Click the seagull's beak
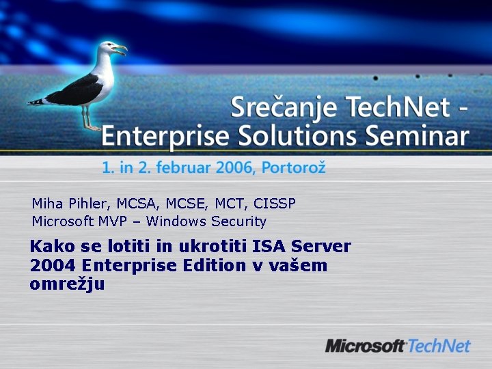pos(120,49)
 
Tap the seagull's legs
pos(88,117)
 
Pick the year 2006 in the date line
pos(234,167)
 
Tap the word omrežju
pos(67,284)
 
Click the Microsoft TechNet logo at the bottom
pos(398,346)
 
